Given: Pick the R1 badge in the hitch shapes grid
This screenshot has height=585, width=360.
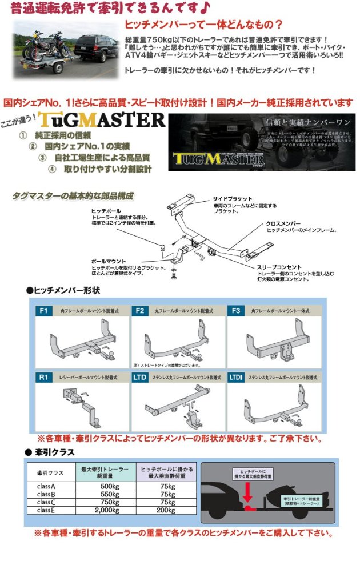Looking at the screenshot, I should (44, 378).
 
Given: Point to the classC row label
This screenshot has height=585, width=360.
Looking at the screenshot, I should (46, 502).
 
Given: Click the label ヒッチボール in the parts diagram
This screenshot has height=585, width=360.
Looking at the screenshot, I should (106, 211).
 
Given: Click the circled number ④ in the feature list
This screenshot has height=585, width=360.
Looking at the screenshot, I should (51, 169).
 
